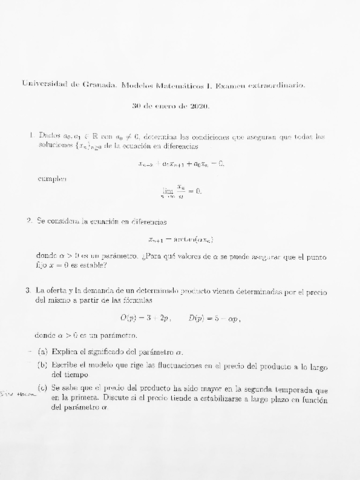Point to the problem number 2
pos(32,215)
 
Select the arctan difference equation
pos(182,239)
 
